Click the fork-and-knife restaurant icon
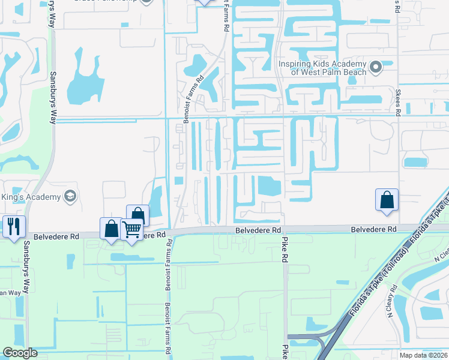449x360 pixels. pyautogui.click(x=12, y=226)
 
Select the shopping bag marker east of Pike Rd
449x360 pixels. pyautogui.click(x=387, y=200)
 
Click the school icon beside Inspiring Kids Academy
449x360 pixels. pyautogui.click(x=376, y=67)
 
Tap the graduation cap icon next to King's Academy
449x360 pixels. pyautogui.click(x=70, y=197)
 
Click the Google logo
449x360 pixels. pyautogui.click(x=20, y=353)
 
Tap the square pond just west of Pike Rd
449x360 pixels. pyautogui.click(x=270, y=187)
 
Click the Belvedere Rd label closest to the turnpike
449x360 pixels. pyautogui.click(x=374, y=230)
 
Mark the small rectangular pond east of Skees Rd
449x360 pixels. pyautogui.click(x=416, y=162)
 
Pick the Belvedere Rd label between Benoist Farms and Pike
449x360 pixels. pyautogui.click(x=258, y=230)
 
